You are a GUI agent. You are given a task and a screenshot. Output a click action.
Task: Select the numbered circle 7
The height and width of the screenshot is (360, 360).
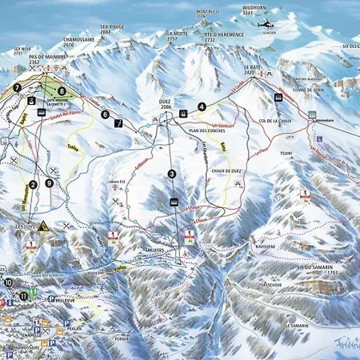pos(17,87)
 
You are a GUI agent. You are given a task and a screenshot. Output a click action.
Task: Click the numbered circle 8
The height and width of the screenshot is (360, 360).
pos(62,91)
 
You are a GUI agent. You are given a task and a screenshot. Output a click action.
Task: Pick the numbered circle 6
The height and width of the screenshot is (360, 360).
pos(105,114)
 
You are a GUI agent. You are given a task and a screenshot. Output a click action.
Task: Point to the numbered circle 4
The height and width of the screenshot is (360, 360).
pos(202,106)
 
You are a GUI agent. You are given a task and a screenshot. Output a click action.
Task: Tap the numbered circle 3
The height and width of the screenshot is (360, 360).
pos(171,174)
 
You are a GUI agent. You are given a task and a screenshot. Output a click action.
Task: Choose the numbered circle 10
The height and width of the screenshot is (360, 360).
pos(8,282)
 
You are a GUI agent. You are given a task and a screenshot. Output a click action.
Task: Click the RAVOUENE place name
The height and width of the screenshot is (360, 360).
pos(265,247)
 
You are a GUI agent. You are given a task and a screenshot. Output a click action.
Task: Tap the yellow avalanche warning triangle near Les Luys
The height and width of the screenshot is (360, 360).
pos(43,226)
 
